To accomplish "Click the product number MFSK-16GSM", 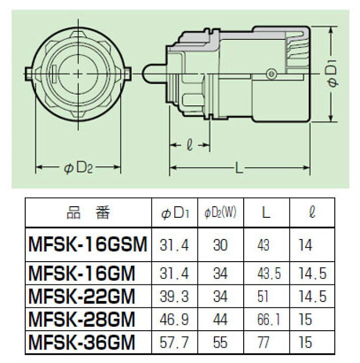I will click(x=86, y=246).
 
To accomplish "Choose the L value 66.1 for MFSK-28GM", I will click(x=268, y=319).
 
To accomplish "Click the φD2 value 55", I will click(x=220, y=344).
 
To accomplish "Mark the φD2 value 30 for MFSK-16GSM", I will click(x=220, y=246).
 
